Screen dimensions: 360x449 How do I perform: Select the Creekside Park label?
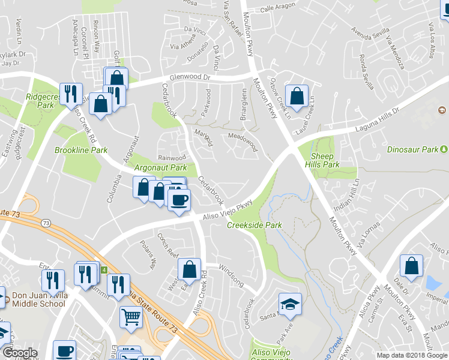pyautogui.click(x=255, y=225)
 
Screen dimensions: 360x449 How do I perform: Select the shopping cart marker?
pyautogui.click(x=131, y=316)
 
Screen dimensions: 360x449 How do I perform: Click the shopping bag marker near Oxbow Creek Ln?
pyautogui.click(x=297, y=95)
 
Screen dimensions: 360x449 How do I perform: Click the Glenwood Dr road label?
pyautogui.click(x=191, y=77)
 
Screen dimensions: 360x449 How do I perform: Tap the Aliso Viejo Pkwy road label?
pyautogui.click(x=222, y=212)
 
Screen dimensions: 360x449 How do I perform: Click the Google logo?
pyautogui.click(x=19, y=353)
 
